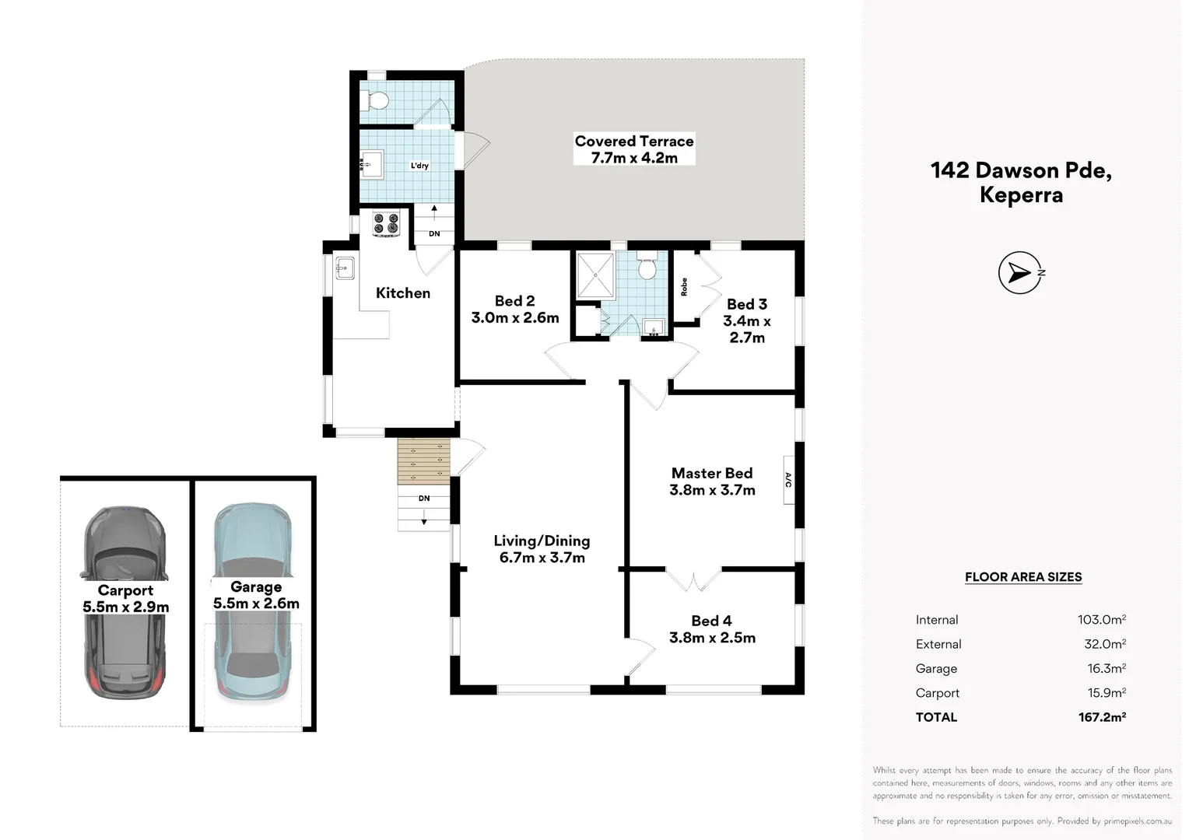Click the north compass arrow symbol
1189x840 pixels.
pyautogui.click(x=1021, y=273)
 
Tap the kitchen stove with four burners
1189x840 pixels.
pyautogui.click(x=386, y=223)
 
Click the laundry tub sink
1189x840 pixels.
pyautogui.click(x=372, y=164)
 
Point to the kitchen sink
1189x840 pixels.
pyautogui.click(x=345, y=268)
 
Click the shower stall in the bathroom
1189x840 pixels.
pyautogui.click(x=595, y=275)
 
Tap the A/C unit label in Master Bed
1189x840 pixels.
pyautogui.click(x=789, y=480)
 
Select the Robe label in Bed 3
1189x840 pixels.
pyautogui.click(x=684, y=287)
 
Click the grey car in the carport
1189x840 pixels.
pyautogui.click(x=125, y=602)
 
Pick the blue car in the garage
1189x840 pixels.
pyautogui.click(x=254, y=602)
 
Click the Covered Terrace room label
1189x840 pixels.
pyautogui.click(x=633, y=141)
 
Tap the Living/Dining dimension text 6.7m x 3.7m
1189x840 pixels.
pyautogui.click(x=542, y=558)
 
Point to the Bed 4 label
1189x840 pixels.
pyautogui.click(x=711, y=621)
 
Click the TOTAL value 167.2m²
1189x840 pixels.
pyautogui.click(x=1102, y=717)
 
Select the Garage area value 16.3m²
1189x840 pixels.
pyautogui.click(x=1107, y=668)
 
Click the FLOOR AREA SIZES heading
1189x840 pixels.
pyautogui.click(x=1022, y=577)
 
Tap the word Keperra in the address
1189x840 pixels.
pyautogui.click(x=1021, y=194)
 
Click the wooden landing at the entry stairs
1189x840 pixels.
pyautogui.click(x=423, y=461)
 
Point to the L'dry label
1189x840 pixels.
pyautogui.click(x=419, y=166)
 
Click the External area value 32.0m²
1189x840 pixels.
pyautogui.click(x=1105, y=644)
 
